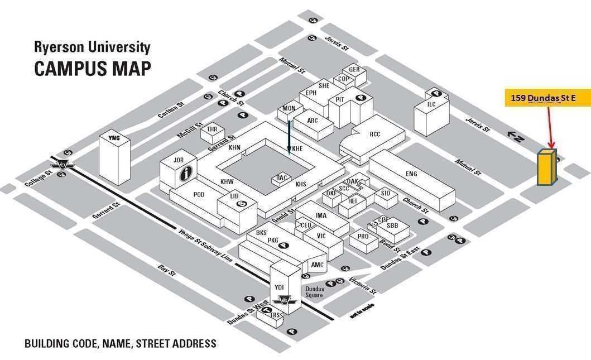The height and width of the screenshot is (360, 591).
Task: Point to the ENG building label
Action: tap(411, 174)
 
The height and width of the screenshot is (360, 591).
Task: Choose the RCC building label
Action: tap(374, 134)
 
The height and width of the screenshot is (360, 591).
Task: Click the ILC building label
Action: tap(431, 104)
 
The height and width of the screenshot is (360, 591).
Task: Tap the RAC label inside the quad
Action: tap(282, 178)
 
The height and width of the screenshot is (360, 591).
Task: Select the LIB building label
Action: tap(234, 196)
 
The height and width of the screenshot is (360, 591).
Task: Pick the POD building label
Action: tap(199, 194)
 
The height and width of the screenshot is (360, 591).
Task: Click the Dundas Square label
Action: tap(315, 292)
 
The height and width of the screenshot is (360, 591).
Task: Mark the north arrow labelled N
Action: tap(516, 135)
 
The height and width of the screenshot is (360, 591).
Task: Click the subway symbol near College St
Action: tap(62, 164)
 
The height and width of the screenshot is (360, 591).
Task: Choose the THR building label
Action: tap(212, 129)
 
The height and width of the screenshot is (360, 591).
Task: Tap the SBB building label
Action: tap(392, 225)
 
